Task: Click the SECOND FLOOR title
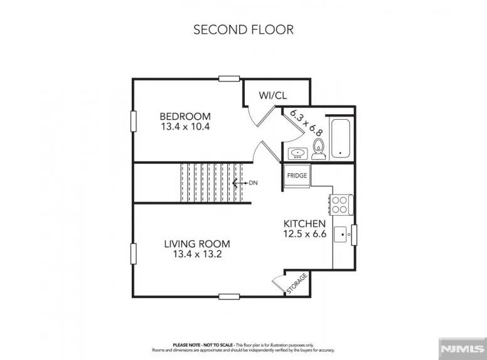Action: pos(243,29)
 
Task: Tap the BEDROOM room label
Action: pos(185,116)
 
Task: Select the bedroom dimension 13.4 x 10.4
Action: pos(185,127)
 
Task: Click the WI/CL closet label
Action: pos(273,95)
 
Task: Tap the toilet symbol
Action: pos(319,149)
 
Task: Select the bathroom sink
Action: pos(297,152)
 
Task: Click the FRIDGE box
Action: pos(297,176)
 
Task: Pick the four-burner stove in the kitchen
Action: pos(340,204)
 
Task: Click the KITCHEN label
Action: pos(304,223)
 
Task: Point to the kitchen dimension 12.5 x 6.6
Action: pos(304,234)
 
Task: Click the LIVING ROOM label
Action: pos(197,243)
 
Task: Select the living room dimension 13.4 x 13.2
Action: pos(197,254)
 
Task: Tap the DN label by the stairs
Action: pos(254,183)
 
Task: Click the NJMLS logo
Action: pos(462,347)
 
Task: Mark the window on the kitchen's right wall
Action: pos(354,235)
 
